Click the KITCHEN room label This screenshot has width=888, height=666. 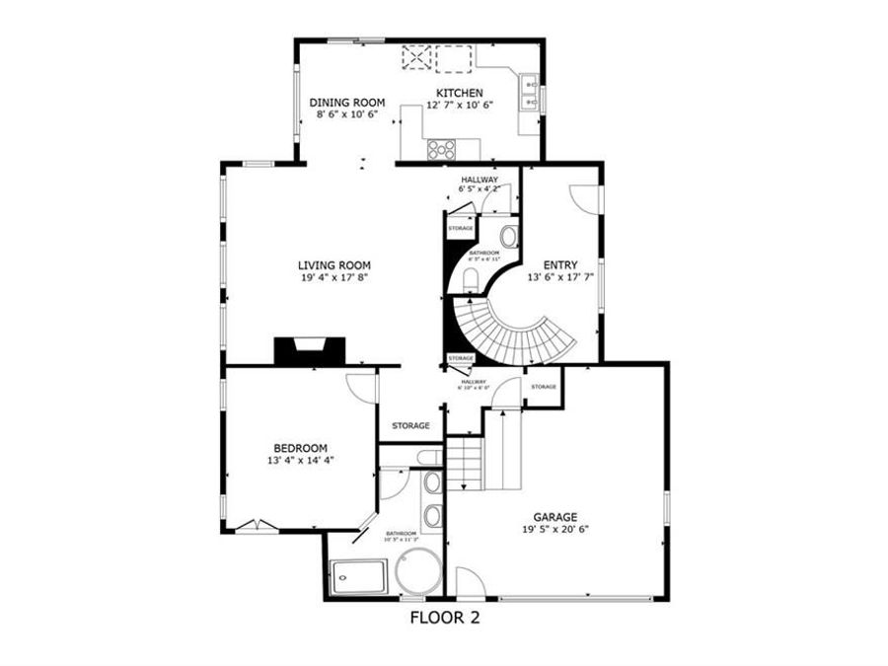[x=459, y=93]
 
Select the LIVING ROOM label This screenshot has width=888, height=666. [x=334, y=264]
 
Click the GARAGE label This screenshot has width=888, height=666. [x=555, y=516]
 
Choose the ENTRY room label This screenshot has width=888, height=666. [x=559, y=264]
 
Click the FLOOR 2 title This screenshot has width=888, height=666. [x=444, y=620]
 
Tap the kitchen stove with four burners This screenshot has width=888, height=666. [x=442, y=149]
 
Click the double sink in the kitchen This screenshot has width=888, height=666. [x=528, y=90]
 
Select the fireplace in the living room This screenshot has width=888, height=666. [x=309, y=349]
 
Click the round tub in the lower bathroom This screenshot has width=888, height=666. [x=418, y=572]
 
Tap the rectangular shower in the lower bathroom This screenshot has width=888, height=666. [x=359, y=575]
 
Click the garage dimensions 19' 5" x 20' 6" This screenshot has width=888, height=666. [x=555, y=529]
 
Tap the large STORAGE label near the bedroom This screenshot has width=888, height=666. [x=410, y=425]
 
